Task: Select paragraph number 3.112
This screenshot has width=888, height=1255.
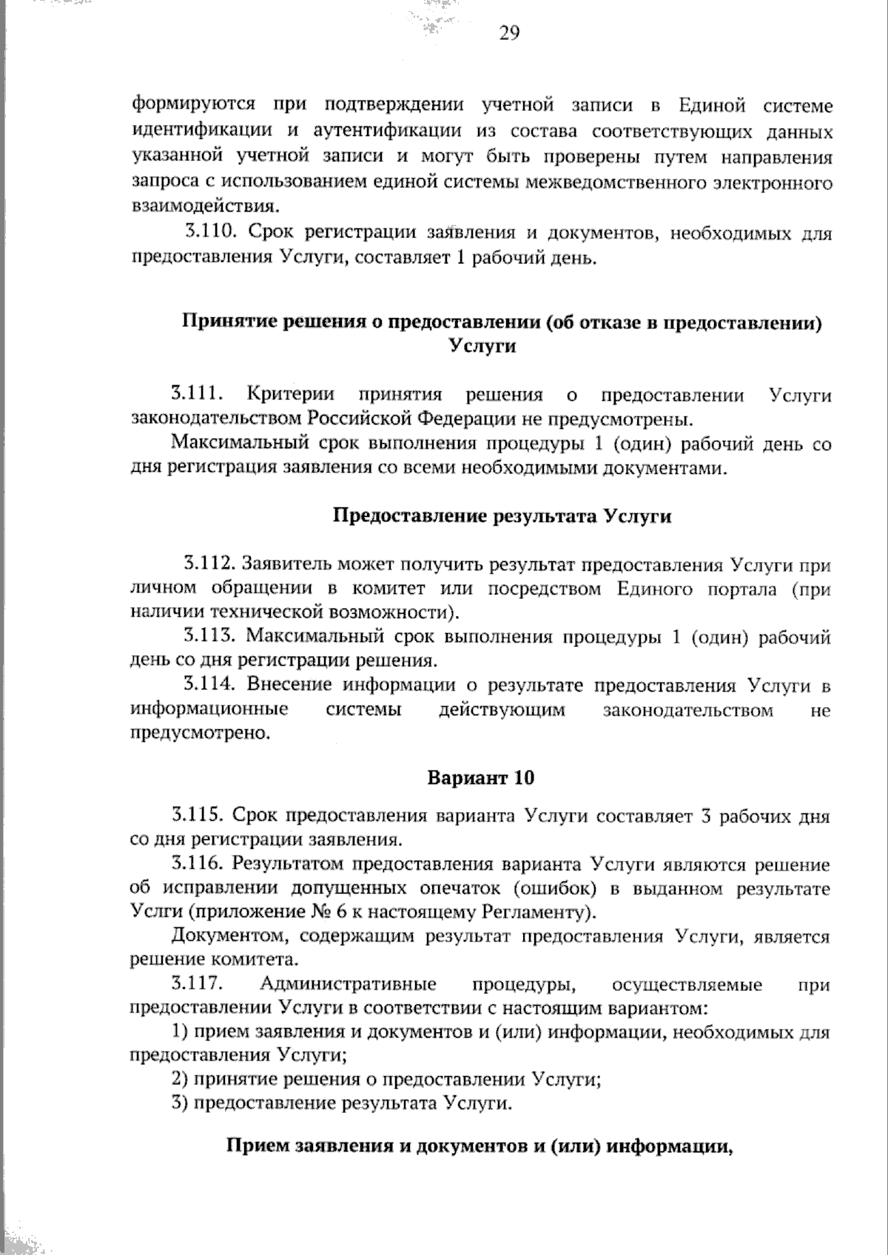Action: (210, 564)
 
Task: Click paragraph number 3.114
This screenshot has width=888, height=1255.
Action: (210, 685)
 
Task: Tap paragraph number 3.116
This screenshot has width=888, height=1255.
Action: (198, 864)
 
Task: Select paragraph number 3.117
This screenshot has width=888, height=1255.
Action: (198, 984)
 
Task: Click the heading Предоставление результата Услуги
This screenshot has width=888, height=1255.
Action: (502, 516)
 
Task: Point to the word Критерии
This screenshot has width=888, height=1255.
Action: (290, 395)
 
